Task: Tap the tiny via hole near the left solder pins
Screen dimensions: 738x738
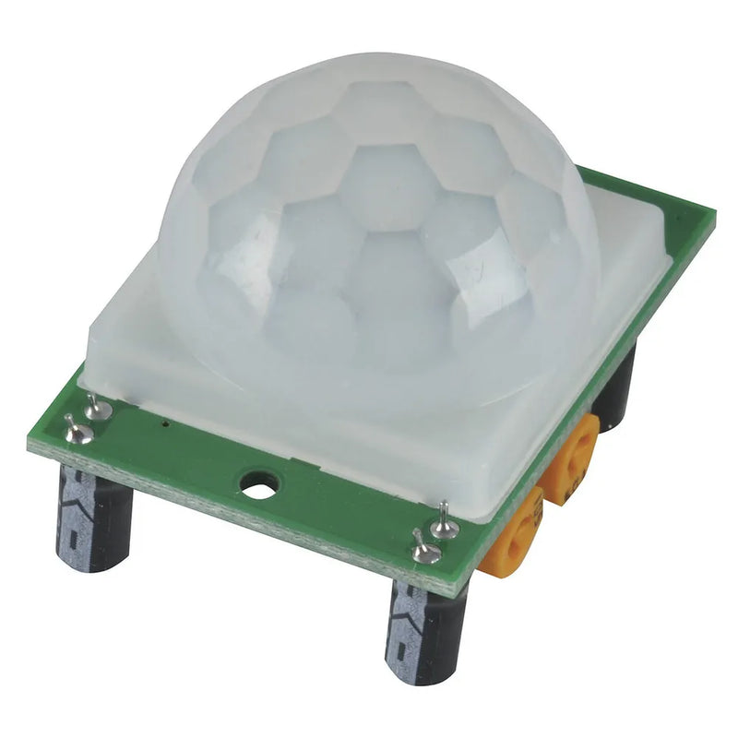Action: [164, 425]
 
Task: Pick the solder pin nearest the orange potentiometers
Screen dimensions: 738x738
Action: [444, 522]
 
